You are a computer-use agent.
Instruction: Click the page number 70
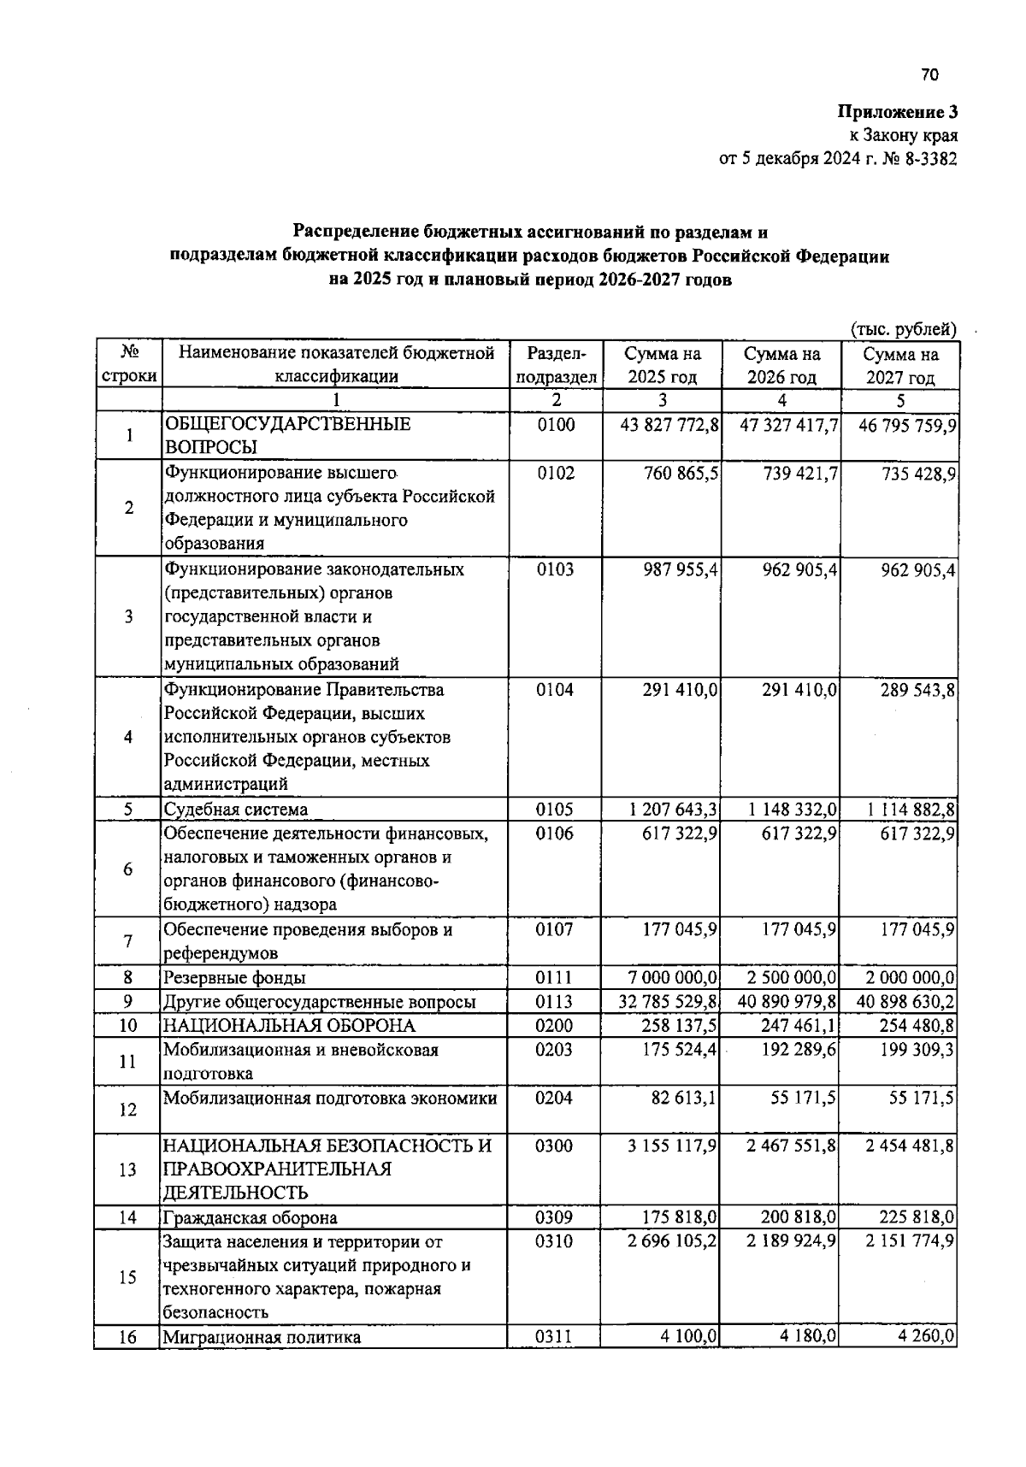coord(930,75)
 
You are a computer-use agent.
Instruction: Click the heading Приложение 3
coord(898,112)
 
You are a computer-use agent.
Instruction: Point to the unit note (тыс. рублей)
coord(903,328)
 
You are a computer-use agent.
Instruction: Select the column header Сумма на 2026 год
coord(781,365)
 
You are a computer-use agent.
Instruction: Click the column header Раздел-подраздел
coord(556,365)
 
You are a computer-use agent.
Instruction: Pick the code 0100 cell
coord(556,425)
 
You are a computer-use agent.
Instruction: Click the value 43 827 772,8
coord(669,425)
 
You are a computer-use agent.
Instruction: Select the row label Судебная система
coord(236,810)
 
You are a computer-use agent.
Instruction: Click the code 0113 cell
coord(555,1002)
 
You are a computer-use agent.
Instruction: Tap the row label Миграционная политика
coord(262,1337)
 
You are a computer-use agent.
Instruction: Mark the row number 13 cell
coord(127,1169)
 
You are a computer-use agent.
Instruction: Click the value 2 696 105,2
coord(673,1241)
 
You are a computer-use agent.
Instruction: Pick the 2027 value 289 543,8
coord(918,690)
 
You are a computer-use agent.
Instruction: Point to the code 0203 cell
coord(555,1050)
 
